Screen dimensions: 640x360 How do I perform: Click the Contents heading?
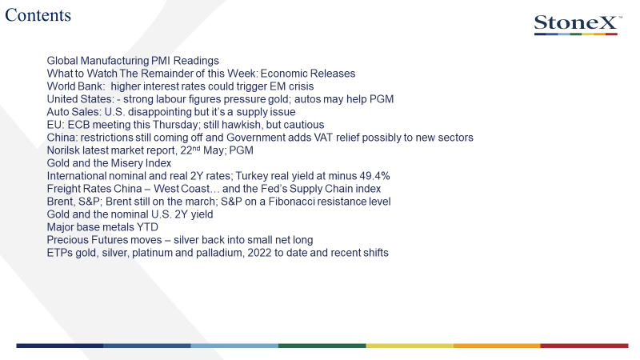pyautogui.click(x=38, y=15)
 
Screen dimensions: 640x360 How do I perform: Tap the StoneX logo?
pyautogui.click(x=578, y=25)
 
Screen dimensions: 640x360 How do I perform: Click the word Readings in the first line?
pyautogui.click(x=196, y=61)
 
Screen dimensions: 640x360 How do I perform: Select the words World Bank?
pyautogui.click(x=75, y=86)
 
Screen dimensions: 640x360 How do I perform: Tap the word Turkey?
pyautogui.click(x=250, y=176)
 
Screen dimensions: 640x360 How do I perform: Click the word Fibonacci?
pyautogui.click(x=291, y=202)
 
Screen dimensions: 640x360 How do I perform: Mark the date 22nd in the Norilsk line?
pyautogui.click(x=190, y=150)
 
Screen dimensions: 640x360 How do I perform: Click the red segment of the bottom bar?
pyautogui.click(x=585, y=346)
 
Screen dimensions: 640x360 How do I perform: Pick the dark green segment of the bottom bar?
pyautogui.click(x=322, y=346)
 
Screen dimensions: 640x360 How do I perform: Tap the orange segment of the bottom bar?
pyautogui.click(x=497, y=346)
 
